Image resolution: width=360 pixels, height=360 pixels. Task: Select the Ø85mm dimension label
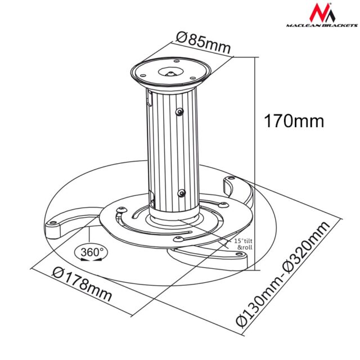tap(203, 43)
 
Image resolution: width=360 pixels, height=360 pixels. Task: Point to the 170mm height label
tap(294, 120)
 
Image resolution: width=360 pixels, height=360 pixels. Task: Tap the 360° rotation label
tap(92, 252)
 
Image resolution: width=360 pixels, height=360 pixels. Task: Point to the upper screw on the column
tap(179, 112)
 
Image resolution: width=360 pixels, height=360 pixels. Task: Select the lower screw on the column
tap(181, 193)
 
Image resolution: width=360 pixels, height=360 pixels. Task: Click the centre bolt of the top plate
tap(170, 73)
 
